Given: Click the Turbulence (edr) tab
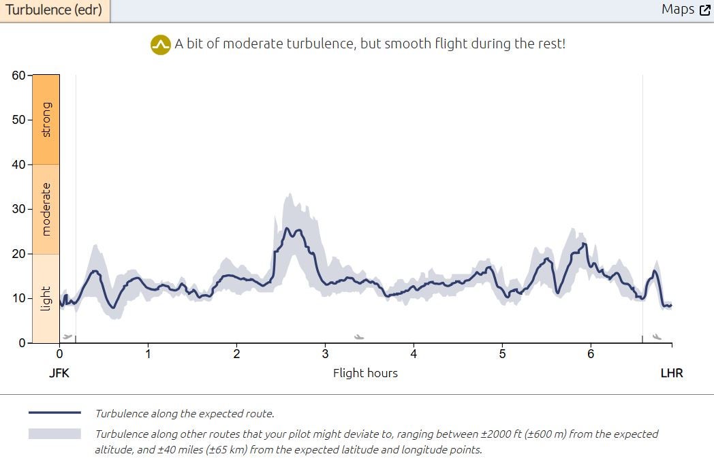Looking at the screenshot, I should [54, 10].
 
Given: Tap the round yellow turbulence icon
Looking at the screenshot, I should [160, 45].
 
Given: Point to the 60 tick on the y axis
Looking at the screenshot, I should [18, 76].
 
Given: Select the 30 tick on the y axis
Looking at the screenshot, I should [18, 209].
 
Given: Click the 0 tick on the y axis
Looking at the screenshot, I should [21, 343].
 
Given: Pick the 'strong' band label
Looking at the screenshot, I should [46, 119].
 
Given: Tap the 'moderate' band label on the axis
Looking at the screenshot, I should [46, 209].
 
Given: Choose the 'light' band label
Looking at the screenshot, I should [46, 298].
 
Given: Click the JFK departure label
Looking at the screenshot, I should [59, 373].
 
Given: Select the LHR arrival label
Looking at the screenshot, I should [671, 373].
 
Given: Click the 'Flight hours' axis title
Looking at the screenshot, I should [365, 373].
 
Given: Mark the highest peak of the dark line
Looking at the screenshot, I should [287, 229].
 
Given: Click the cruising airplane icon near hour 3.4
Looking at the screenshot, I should [359, 336].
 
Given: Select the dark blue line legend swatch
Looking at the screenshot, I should [55, 413].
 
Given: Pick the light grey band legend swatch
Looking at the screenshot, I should [55, 434].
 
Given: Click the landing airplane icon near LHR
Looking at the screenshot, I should [657, 336].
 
